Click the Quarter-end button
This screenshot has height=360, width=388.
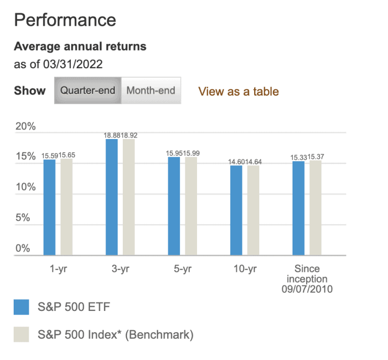(88, 91)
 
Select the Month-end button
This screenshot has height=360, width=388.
(151, 91)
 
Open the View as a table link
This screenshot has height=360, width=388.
(238, 92)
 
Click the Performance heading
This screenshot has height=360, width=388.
(65, 20)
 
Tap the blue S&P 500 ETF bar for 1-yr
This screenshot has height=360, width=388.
(50, 207)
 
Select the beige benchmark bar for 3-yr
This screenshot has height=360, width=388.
(129, 197)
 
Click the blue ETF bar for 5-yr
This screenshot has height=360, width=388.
(174, 206)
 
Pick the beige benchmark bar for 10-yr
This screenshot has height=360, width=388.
(253, 210)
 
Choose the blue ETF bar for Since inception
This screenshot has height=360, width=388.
(299, 208)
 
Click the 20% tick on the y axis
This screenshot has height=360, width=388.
(25, 126)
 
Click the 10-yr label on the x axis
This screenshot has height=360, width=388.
(245, 269)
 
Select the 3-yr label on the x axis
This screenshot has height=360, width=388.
(120, 269)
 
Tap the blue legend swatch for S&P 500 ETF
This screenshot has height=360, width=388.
(22, 306)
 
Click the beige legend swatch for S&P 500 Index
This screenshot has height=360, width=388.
(22, 334)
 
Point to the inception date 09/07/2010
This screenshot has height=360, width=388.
(307, 289)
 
